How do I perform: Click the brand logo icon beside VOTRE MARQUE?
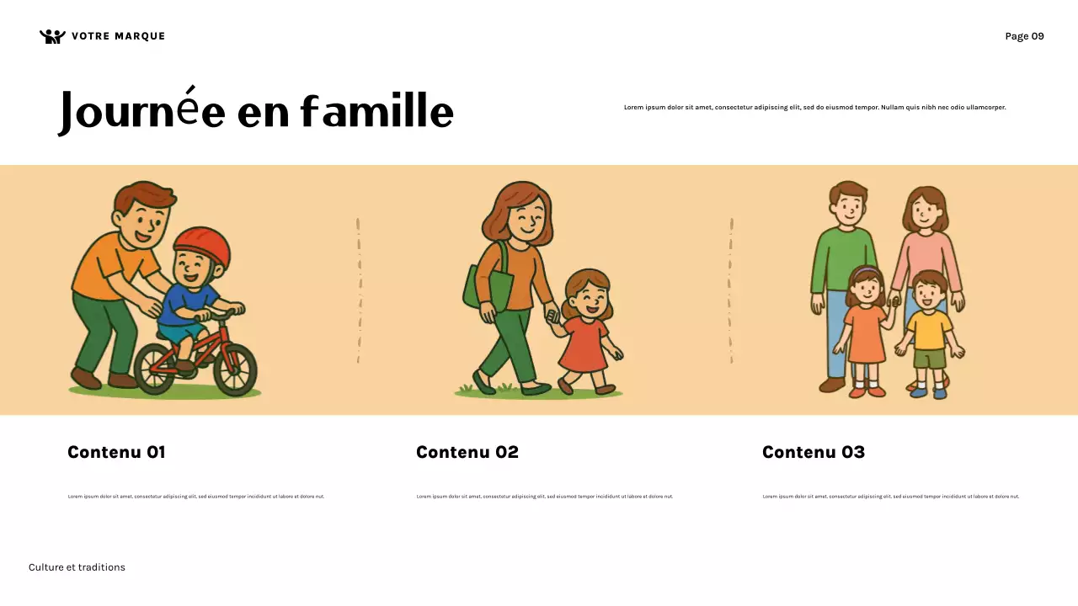[52, 36]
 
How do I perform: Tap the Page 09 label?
[1024, 36]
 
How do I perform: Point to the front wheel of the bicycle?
[235, 369]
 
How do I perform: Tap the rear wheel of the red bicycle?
[155, 369]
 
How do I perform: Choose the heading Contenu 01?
[116, 452]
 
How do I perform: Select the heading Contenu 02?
[467, 452]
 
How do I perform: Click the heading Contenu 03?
[814, 452]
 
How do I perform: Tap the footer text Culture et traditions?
[77, 567]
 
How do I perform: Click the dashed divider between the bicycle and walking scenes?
[359, 290]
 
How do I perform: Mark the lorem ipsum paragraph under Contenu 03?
[891, 497]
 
